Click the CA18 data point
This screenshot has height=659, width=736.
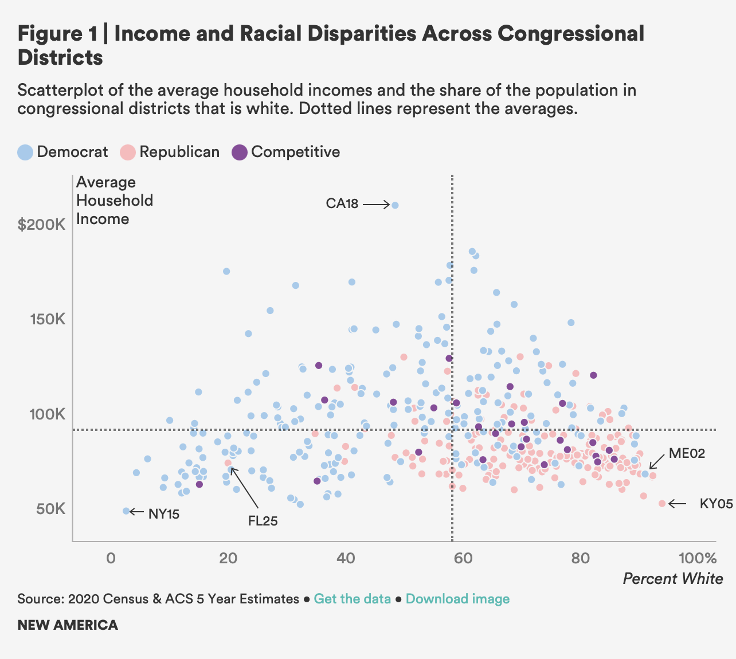(x=395, y=205)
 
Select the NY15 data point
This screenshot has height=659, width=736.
(x=126, y=511)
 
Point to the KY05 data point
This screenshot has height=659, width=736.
(x=662, y=503)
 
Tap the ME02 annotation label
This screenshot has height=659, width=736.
(x=687, y=454)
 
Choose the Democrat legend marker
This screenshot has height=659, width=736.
(x=25, y=152)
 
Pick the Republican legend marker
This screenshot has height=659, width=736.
(x=128, y=152)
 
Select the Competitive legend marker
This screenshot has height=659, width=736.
(x=239, y=152)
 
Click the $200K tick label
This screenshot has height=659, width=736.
(x=41, y=225)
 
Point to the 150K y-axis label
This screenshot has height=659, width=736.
(x=47, y=319)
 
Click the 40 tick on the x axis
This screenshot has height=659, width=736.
(x=345, y=558)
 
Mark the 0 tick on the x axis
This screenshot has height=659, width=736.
(x=111, y=558)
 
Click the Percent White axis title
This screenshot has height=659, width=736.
(x=673, y=579)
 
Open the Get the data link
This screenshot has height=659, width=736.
(x=353, y=599)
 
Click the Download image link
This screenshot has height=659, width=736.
(x=457, y=599)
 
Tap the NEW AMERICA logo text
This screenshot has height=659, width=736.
(x=68, y=625)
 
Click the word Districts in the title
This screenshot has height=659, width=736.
(x=60, y=57)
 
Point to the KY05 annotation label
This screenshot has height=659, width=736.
(x=717, y=504)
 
